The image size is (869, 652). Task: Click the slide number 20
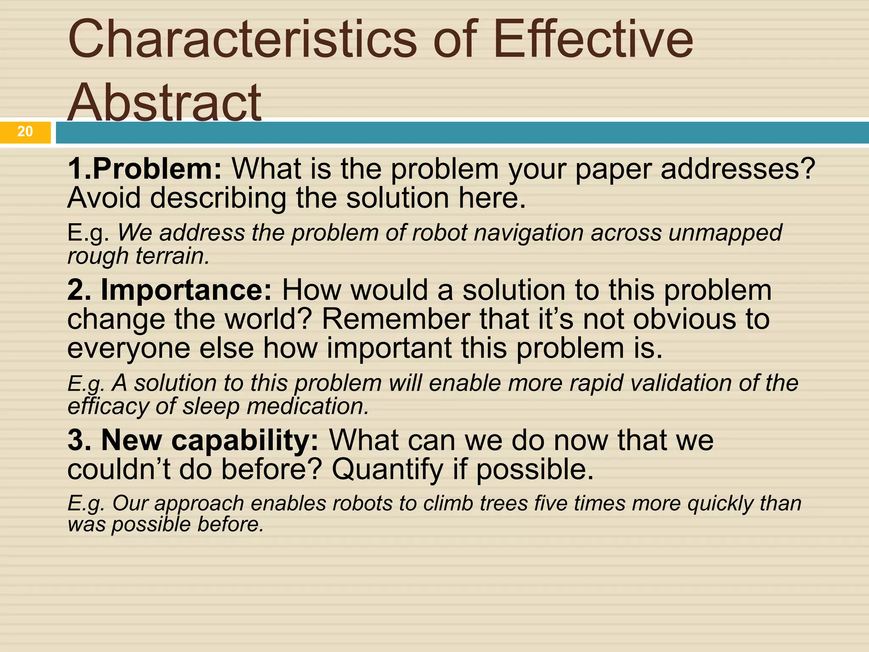[x=25, y=132]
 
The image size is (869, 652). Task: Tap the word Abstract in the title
[x=165, y=102]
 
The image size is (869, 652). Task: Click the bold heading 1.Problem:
[x=145, y=169]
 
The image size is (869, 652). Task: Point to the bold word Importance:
[x=186, y=290]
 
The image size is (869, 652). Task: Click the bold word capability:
[x=245, y=440]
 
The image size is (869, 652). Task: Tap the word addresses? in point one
[x=738, y=169]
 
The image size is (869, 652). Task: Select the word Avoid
[x=104, y=198]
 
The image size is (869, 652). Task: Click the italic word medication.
[x=308, y=406]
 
